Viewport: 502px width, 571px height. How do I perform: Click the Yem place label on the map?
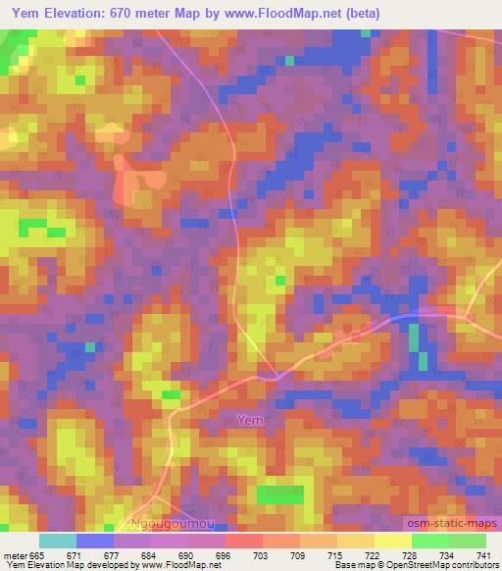[251, 420]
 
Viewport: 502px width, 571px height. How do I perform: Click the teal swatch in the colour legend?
[58, 541]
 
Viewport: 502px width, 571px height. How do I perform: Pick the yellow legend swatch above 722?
[356, 541]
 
